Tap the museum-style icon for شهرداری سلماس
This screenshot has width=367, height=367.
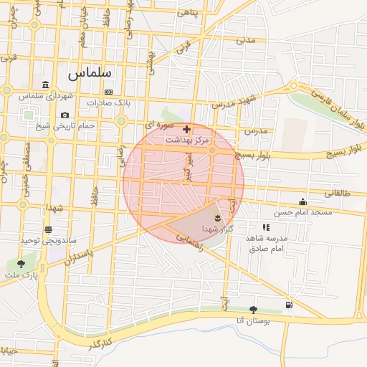[46, 85]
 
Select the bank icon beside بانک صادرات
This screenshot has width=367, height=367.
[108, 92]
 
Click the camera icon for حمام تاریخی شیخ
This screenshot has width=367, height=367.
[65, 115]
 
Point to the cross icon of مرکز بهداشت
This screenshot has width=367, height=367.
[187, 130]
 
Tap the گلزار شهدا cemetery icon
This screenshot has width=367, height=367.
[218, 216]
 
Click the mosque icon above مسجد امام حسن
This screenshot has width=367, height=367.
[303, 201]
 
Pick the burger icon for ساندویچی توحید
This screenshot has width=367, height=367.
[48, 229]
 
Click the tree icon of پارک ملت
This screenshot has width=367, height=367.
[20, 264]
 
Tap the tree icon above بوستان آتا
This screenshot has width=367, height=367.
[253, 310]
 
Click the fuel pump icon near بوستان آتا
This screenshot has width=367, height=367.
[288, 305]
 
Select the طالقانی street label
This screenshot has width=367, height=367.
[338, 193]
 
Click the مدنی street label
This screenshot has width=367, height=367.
[247, 40]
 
